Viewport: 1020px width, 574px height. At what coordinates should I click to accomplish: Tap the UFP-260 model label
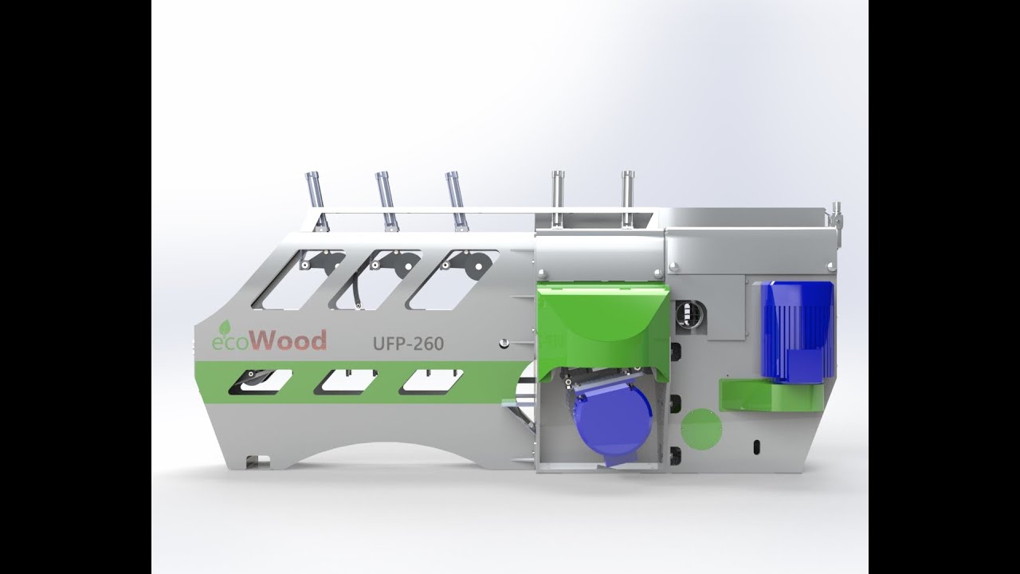(x=408, y=344)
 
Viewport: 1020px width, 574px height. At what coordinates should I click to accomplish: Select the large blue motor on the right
(x=796, y=330)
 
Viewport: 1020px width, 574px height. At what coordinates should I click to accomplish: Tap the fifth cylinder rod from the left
(x=627, y=196)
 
